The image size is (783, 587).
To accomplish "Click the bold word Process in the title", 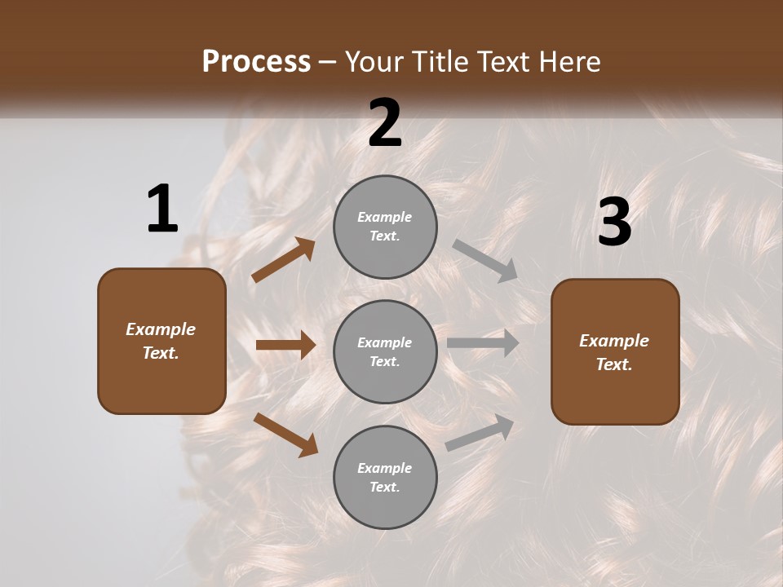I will pos(256,61).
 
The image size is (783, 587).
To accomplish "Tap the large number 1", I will pos(162,209).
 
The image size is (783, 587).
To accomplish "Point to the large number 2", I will pos(385,123).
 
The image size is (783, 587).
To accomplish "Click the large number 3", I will pos(614,222).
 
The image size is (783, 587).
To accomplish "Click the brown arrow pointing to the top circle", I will pos(283,260).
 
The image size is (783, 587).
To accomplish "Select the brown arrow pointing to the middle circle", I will pos(285,345).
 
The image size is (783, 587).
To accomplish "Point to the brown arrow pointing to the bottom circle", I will pos(285,435).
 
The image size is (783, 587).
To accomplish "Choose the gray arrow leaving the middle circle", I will pos(482,342).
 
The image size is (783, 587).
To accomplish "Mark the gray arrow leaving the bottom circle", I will pos(480,433).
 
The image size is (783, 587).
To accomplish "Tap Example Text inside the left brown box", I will pos(161,341).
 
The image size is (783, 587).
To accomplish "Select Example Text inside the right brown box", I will pos(614,352).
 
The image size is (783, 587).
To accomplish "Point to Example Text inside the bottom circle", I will pos(385,478).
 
